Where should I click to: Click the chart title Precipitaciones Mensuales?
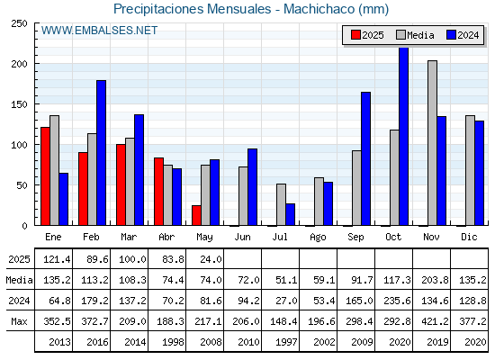click(193, 9)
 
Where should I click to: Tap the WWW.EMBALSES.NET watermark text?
click(99, 31)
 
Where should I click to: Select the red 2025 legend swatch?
click(355, 35)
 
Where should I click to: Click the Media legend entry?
click(415, 35)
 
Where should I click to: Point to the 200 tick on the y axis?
click(19, 64)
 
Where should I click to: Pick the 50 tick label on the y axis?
click(22, 185)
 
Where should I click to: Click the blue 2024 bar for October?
click(403, 136)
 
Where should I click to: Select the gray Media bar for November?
click(432, 143)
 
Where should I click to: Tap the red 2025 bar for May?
click(196, 215)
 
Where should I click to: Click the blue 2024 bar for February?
click(101, 153)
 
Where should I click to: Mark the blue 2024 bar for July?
click(290, 214)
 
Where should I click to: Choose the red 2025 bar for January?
click(45, 176)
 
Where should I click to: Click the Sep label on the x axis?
click(355, 238)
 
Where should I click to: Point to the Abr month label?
click(166, 237)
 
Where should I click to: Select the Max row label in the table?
click(19, 321)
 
